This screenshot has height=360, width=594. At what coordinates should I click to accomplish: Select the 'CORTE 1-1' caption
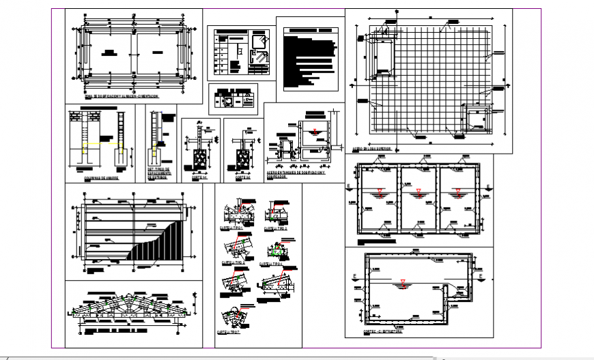point(198,174)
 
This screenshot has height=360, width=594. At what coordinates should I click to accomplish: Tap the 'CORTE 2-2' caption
point(243,174)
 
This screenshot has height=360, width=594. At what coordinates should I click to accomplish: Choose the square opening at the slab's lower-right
point(475,118)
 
